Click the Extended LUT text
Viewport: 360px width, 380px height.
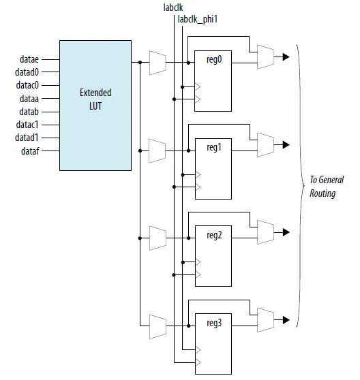[95, 99]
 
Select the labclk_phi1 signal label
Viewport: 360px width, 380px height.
[197, 20]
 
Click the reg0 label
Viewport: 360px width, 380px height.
[214, 60]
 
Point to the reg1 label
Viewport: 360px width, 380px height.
[214, 147]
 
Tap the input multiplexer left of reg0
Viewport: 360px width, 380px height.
[156, 63]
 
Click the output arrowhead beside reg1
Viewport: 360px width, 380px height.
[285, 144]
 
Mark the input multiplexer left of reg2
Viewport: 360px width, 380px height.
[156, 238]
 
